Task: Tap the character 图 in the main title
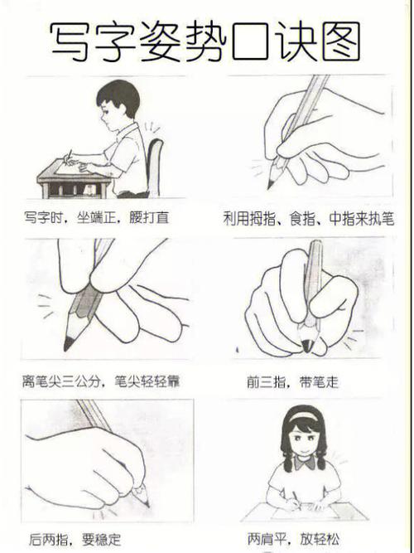click(341, 41)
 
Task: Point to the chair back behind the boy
click(154, 167)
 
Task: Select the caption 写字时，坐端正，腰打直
click(97, 217)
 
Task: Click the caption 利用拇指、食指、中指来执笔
click(309, 219)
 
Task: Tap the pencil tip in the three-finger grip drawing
click(271, 184)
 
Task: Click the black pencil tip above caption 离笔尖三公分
click(68, 344)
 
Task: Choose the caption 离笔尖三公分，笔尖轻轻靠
click(101, 381)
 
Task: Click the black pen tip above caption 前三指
click(307, 346)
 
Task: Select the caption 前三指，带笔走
click(292, 382)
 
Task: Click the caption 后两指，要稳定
click(75, 540)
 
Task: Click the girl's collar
click(304, 461)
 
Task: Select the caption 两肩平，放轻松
click(293, 539)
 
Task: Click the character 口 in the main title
click(251, 41)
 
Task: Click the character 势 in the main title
click(205, 41)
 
